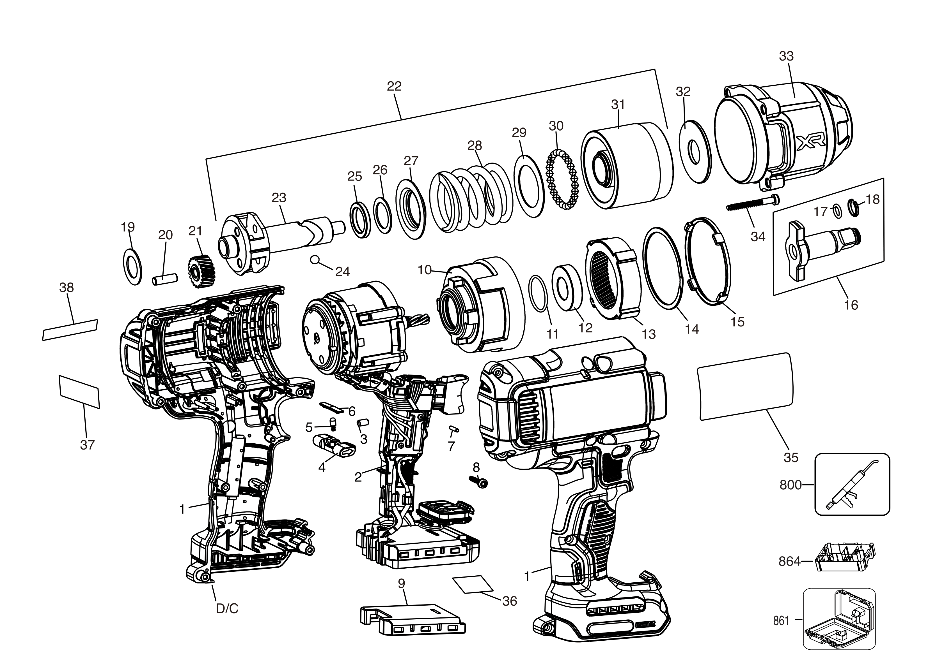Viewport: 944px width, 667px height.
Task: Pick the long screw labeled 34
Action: [752, 204]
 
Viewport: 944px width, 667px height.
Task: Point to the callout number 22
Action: [394, 86]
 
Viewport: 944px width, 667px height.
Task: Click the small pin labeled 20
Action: [164, 278]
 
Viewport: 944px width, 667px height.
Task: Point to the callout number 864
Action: [789, 561]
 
